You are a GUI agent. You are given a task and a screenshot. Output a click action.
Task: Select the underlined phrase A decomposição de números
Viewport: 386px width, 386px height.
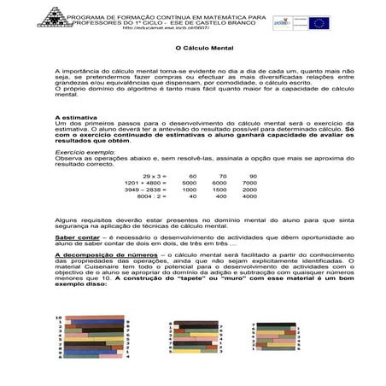coord(96,254)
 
